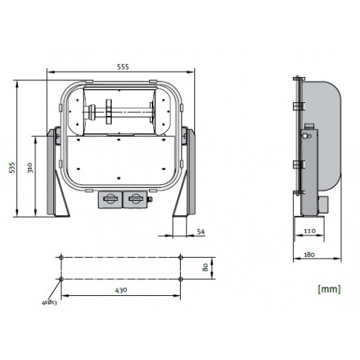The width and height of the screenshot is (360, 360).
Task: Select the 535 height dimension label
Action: (x=12, y=167)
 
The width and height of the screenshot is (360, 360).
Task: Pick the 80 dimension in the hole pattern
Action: (x=204, y=267)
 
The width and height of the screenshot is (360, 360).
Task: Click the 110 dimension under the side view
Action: (x=310, y=230)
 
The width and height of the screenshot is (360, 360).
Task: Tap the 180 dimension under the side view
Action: (x=310, y=253)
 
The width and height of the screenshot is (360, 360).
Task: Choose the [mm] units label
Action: (x=328, y=289)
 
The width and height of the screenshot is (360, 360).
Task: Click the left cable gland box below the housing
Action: (x=110, y=199)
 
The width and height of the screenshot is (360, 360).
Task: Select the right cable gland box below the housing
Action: (x=134, y=199)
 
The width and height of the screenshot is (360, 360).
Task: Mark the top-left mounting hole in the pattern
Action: (x=63, y=256)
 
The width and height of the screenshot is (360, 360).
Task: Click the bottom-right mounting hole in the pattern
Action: (x=180, y=279)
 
